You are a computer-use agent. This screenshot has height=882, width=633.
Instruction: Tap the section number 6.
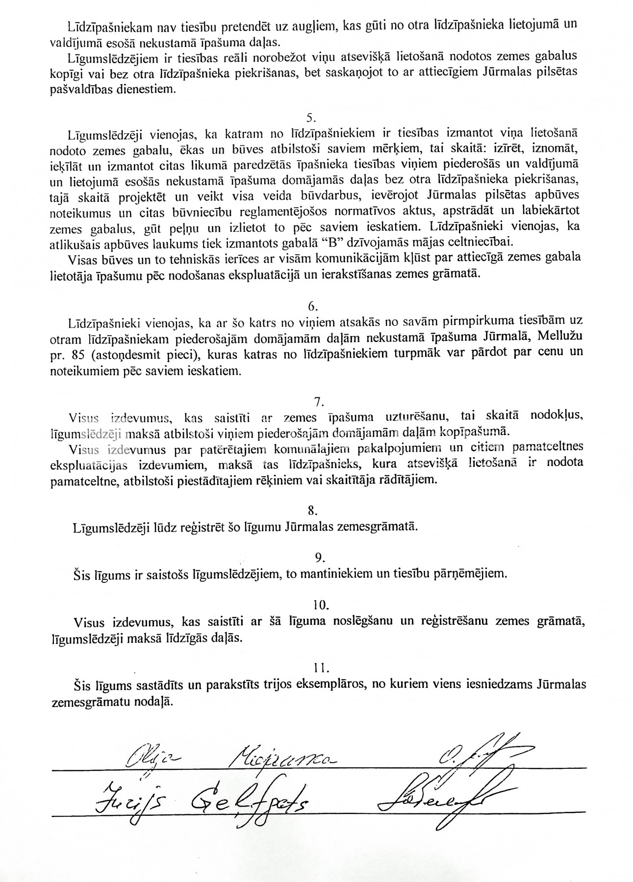coord(313,306)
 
